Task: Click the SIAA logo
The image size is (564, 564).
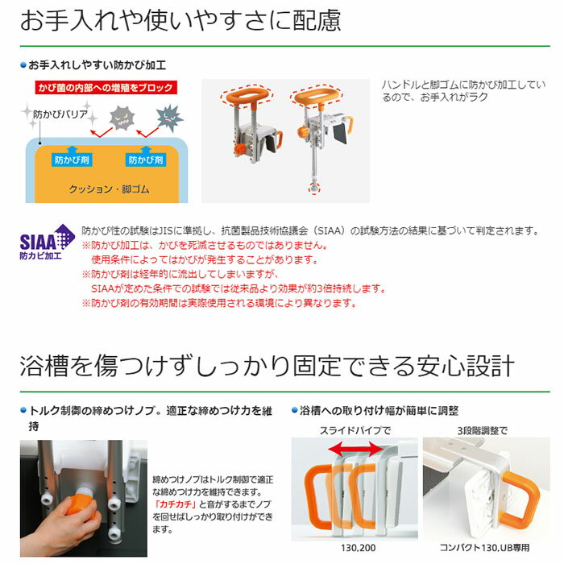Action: [x=47, y=242]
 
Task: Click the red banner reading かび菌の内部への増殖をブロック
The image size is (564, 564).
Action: [x=106, y=87]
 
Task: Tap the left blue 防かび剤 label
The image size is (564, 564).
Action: [x=72, y=160]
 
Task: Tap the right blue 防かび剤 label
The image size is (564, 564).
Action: [x=146, y=160]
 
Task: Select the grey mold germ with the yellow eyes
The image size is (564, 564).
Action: [x=122, y=118]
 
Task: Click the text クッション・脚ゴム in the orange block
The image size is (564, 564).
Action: [x=109, y=189]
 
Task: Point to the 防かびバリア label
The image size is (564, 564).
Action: [x=60, y=114]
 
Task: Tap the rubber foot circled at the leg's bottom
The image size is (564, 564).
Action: [x=314, y=188]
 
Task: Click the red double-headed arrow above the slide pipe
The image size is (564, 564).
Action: [x=356, y=449]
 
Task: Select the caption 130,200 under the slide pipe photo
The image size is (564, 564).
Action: [x=358, y=548]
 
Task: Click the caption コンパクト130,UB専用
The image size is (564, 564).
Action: [x=484, y=548]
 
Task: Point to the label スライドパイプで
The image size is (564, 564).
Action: [x=355, y=430]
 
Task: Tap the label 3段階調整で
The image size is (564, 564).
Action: [x=483, y=430]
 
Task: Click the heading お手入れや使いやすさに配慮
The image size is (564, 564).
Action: [x=180, y=20]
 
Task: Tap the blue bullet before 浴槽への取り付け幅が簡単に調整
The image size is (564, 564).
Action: [x=295, y=410]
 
